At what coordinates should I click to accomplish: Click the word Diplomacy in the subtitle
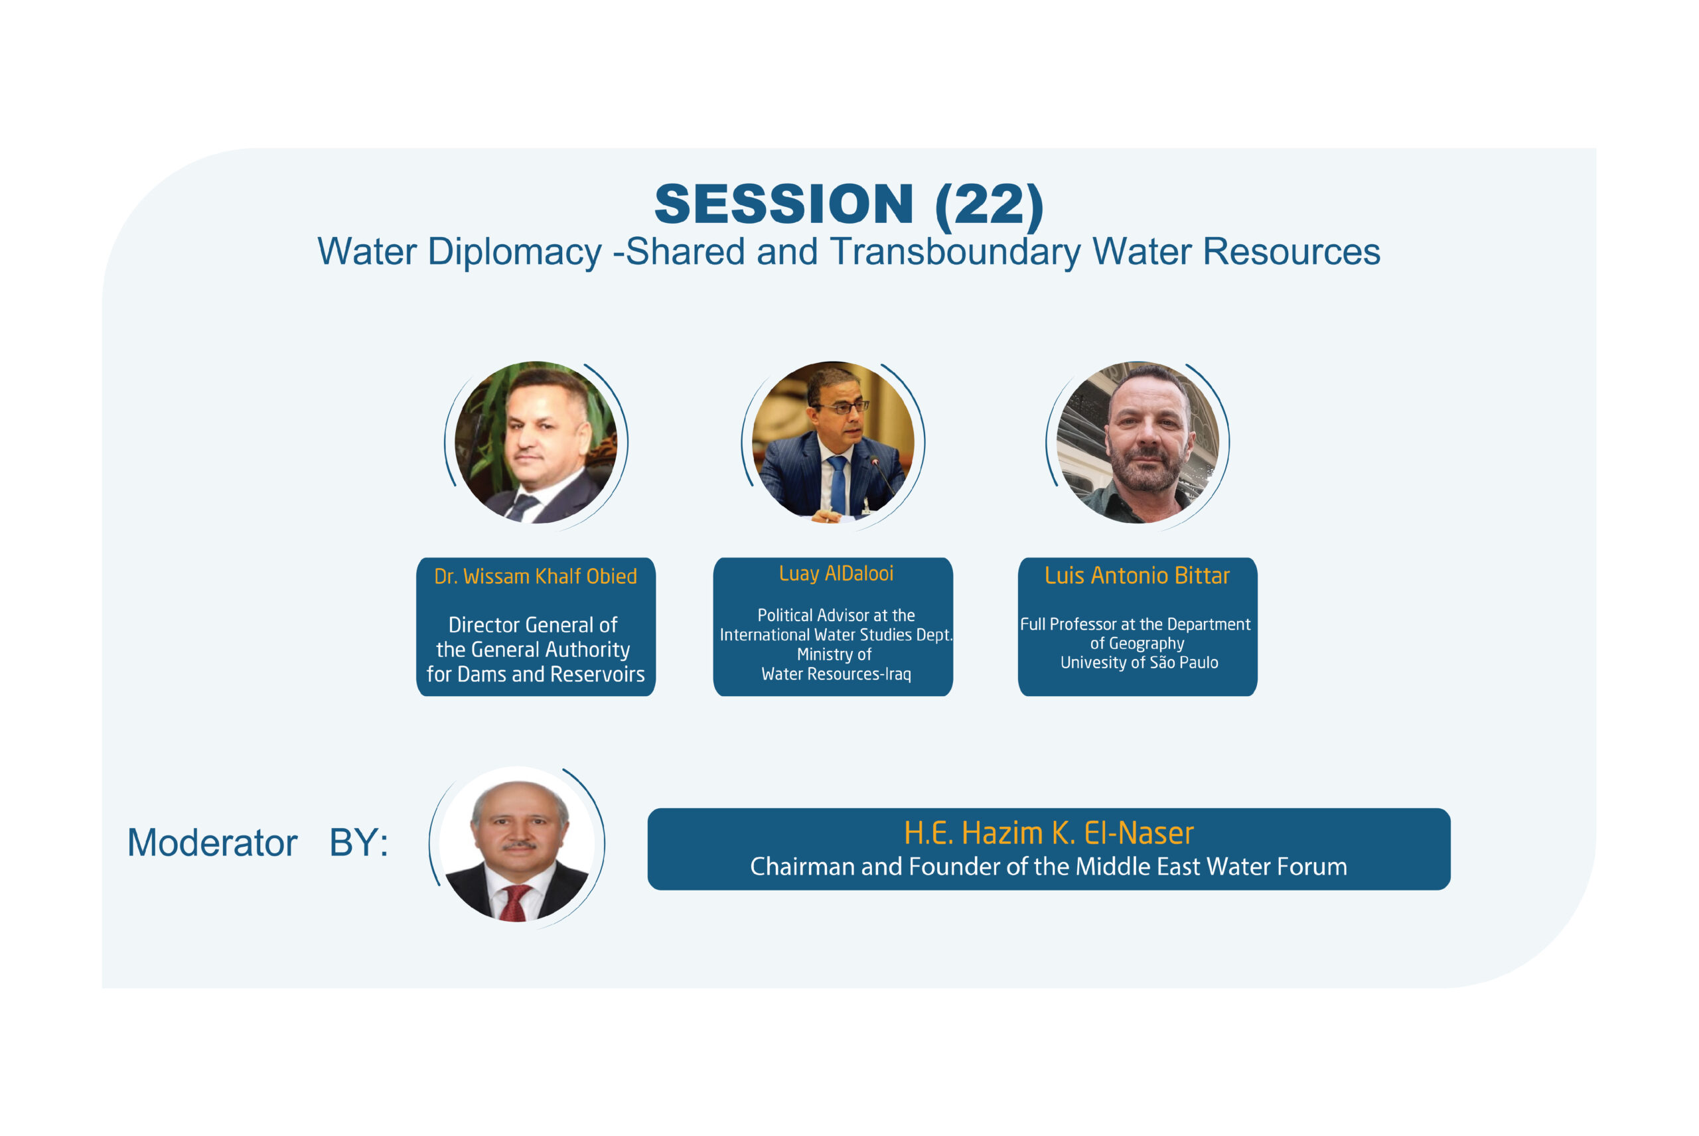[514, 253]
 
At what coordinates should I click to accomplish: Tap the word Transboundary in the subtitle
[956, 253]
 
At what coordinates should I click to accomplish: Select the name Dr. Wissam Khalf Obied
[536, 576]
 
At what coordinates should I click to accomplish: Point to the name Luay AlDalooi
[836, 573]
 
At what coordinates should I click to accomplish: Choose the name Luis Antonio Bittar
[1137, 575]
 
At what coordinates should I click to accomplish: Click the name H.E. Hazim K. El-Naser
[1049, 833]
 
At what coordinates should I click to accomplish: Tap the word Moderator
[212, 843]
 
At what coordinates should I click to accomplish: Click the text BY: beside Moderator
[358, 843]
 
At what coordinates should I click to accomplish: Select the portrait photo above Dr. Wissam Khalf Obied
[536, 442]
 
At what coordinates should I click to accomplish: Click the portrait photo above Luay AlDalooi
[833, 442]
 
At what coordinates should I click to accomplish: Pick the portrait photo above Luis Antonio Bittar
[1138, 442]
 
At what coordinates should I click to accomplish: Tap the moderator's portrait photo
[517, 844]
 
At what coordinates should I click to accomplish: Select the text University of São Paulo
[1139, 662]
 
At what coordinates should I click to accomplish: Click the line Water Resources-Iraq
[836, 674]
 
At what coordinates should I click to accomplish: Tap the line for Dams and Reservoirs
[536, 674]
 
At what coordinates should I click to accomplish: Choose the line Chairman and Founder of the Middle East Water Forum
[1049, 867]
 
